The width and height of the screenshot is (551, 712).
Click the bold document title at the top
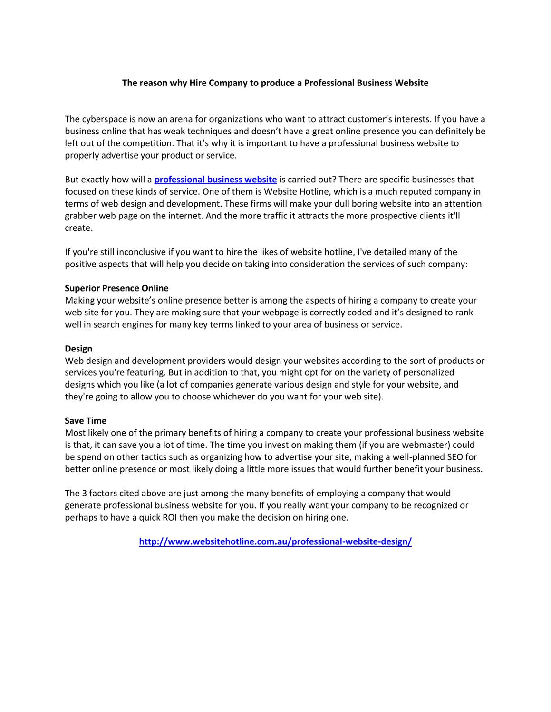point(275,83)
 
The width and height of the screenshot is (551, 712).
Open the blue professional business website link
point(215,180)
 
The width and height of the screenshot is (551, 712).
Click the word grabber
point(80,216)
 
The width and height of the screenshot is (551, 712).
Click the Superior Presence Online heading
point(116,288)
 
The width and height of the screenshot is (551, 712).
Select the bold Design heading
point(78,349)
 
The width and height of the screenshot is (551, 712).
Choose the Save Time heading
point(86,421)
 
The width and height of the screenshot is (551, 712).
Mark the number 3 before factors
point(84,494)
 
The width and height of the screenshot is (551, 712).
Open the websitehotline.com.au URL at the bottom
point(275,542)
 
